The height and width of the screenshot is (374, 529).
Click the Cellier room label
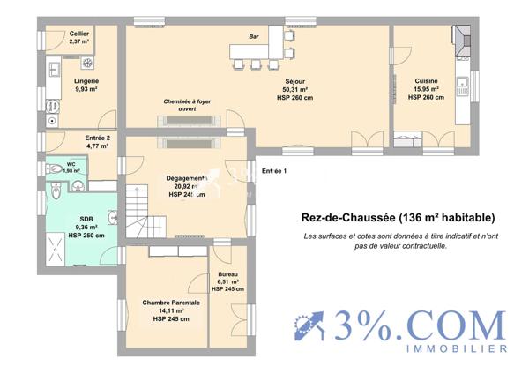pos(78,37)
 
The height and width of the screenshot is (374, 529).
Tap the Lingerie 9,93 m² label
pos(86,85)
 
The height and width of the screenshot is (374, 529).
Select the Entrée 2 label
pos(97,142)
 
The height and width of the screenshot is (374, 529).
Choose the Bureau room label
pos(227,281)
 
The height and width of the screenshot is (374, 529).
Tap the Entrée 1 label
pos(274,170)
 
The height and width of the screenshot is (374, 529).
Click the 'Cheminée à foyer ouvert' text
pos(186,106)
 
